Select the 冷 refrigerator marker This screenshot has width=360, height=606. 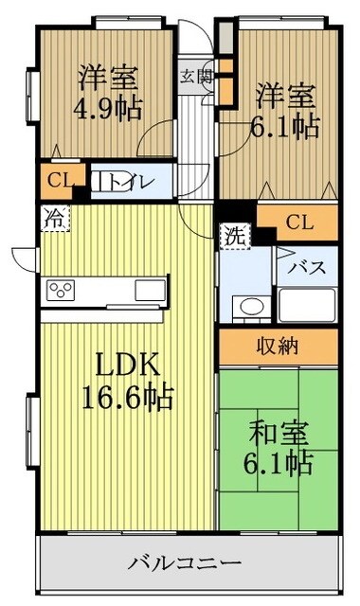click(55, 219)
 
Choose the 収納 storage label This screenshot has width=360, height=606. click(277, 347)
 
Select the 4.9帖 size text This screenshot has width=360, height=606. click(105, 107)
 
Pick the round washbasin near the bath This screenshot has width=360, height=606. click(251, 307)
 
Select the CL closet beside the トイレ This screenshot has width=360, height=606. click(54, 180)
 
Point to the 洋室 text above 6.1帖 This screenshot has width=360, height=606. click(284, 95)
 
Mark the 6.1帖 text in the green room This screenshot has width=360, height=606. click(279, 464)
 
